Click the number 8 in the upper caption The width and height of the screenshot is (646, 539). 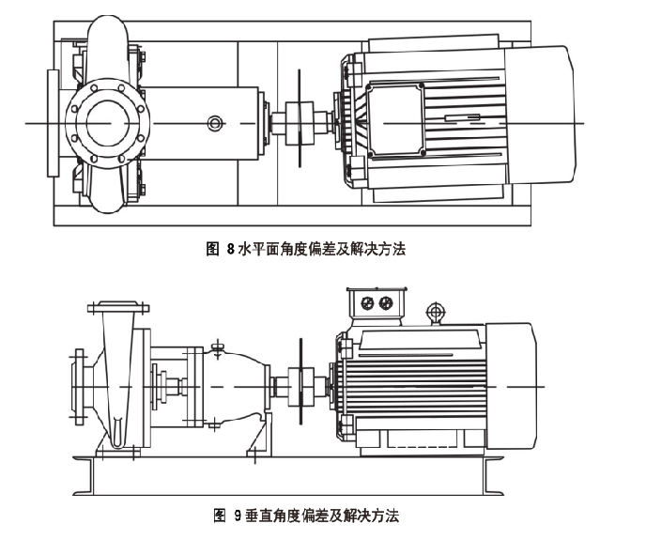pyautogui.click(x=230, y=250)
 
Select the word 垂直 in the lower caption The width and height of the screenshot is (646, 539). pyautogui.click(x=260, y=516)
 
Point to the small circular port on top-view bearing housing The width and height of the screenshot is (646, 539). pyautogui.click(x=216, y=123)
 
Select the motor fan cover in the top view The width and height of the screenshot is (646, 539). pyautogui.click(x=539, y=119)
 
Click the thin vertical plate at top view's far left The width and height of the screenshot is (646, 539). pyautogui.click(x=51, y=122)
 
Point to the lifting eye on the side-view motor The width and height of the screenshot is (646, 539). pyautogui.click(x=434, y=311)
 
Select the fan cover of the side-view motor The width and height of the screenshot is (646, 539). pyautogui.click(x=513, y=385)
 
